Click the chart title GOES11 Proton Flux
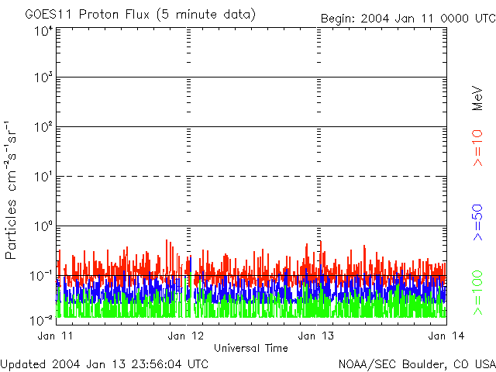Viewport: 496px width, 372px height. point(140,15)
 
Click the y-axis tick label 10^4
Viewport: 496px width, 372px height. point(43,31)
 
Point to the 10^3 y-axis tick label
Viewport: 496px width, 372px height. point(43,78)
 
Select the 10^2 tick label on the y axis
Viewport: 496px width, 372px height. point(43,127)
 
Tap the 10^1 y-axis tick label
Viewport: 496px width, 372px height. point(43,177)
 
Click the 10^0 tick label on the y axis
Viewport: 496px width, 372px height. point(43,226)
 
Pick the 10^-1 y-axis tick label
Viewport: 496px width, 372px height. point(42,276)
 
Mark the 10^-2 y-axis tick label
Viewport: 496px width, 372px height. point(42,320)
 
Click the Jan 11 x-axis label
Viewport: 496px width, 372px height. point(55,336)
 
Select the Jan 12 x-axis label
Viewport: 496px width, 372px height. point(185,336)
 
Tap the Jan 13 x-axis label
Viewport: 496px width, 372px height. point(316,336)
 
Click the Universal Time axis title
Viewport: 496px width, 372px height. point(250,348)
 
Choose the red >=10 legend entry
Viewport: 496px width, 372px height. point(478,148)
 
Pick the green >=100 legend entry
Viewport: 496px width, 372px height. point(478,292)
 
